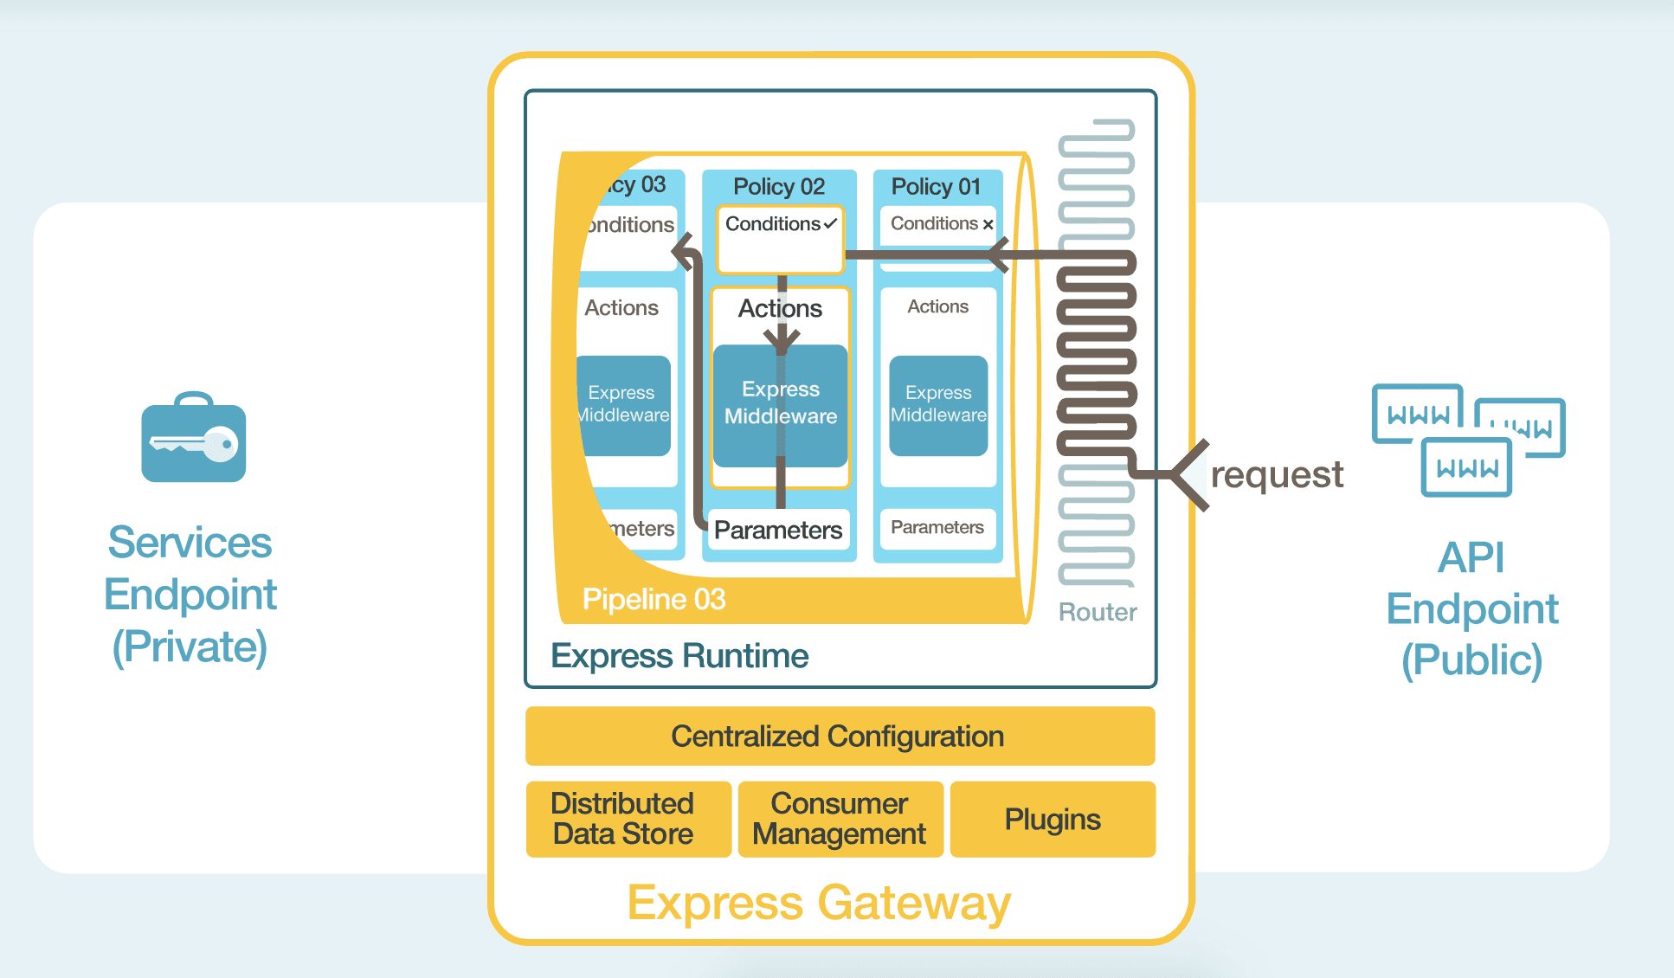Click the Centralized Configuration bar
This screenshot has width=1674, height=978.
point(839,737)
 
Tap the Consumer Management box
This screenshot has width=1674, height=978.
point(840,819)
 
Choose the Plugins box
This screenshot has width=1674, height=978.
point(1052,819)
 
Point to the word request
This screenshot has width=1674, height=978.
point(1276,475)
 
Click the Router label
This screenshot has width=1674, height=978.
point(1097,612)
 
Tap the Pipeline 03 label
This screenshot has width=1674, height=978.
point(654,599)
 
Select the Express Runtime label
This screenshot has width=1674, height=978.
point(679,656)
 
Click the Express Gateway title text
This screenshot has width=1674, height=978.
point(818,903)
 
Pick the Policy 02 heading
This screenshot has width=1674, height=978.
point(778,186)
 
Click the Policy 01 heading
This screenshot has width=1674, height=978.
point(936,186)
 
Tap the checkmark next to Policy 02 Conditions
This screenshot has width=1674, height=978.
point(830,224)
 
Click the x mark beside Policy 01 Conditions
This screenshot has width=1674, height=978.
point(988,224)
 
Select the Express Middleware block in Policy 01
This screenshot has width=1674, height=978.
point(938,405)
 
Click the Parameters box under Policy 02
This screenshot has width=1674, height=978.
point(777,530)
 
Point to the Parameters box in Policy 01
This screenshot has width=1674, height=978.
point(937,527)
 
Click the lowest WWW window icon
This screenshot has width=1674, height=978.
point(1466,467)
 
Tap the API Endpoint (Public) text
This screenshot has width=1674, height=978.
point(1471,608)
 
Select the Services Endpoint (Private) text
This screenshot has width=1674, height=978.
point(190,595)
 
